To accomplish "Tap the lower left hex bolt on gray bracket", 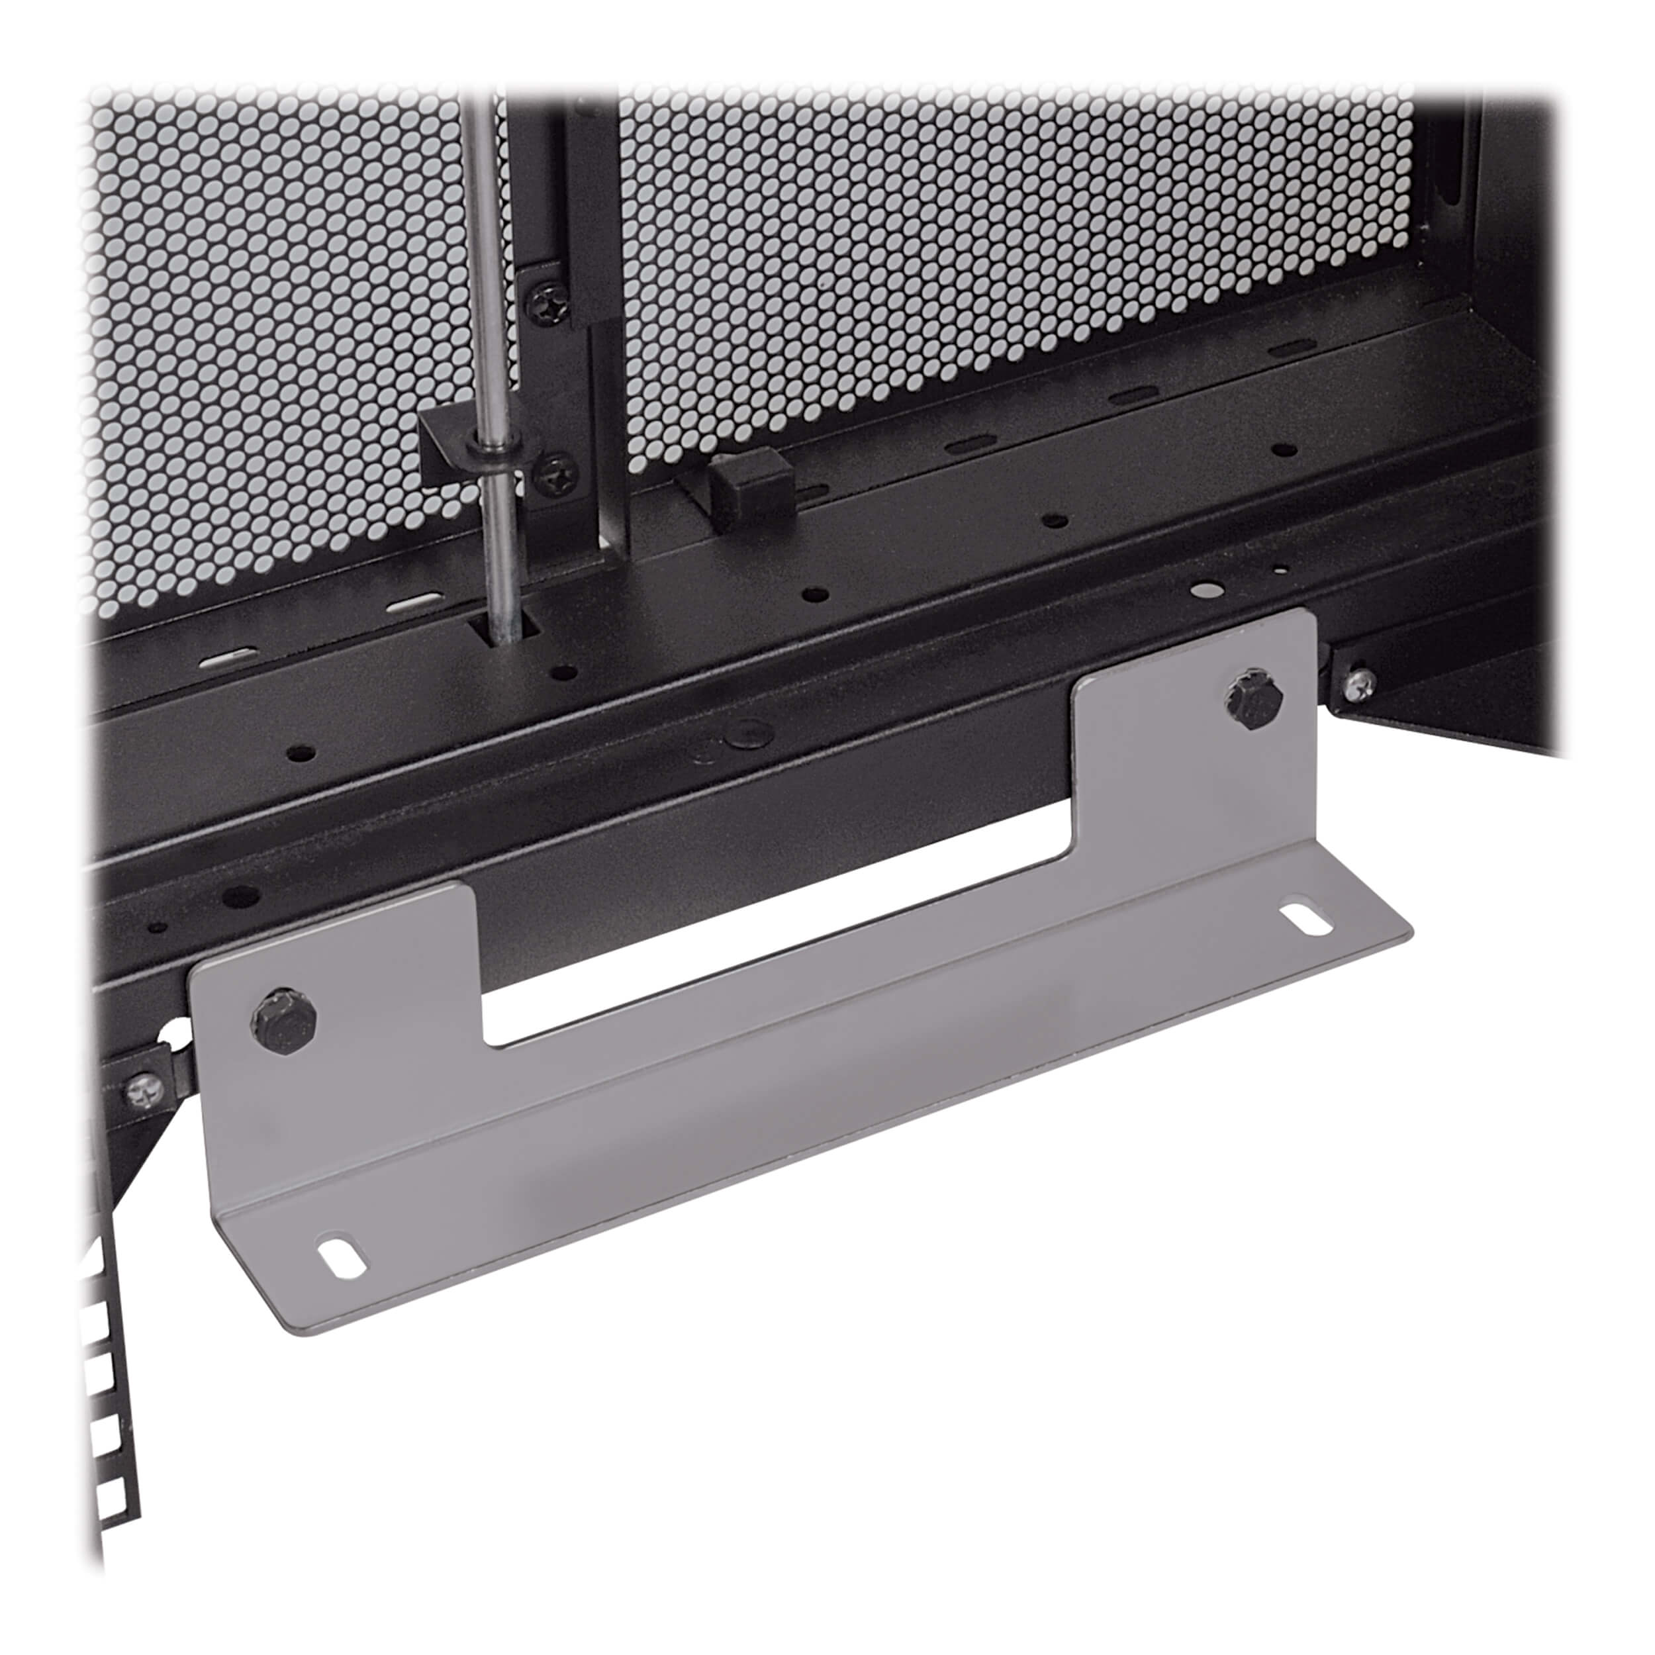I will [285, 1019].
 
